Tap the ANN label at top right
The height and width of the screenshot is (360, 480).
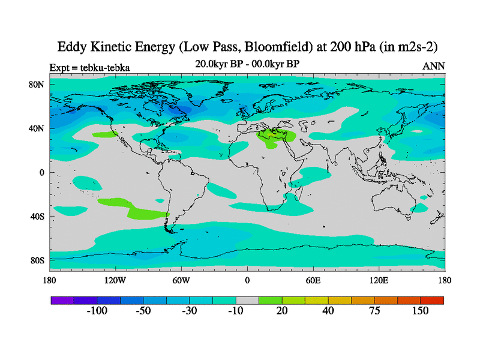(434, 66)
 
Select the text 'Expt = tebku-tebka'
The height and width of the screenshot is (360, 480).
(89, 67)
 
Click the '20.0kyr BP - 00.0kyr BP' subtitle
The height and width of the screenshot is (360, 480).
(247, 63)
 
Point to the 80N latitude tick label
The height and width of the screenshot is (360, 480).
(37, 85)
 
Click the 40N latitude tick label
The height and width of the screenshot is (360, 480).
(37, 128)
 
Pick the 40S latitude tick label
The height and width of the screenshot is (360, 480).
(37, 216)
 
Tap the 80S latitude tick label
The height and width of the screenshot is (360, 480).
(37, 260)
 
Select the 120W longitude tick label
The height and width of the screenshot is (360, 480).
(115, 280)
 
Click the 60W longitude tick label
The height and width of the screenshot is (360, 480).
(181, 280)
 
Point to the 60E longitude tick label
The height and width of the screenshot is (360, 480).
(313, 280)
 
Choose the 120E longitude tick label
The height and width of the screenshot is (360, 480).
(379, 280)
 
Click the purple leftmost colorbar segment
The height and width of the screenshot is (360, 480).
(62, 300)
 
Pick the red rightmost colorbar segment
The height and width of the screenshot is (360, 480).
(432, 300)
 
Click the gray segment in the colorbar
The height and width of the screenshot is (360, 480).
(247, 300)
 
